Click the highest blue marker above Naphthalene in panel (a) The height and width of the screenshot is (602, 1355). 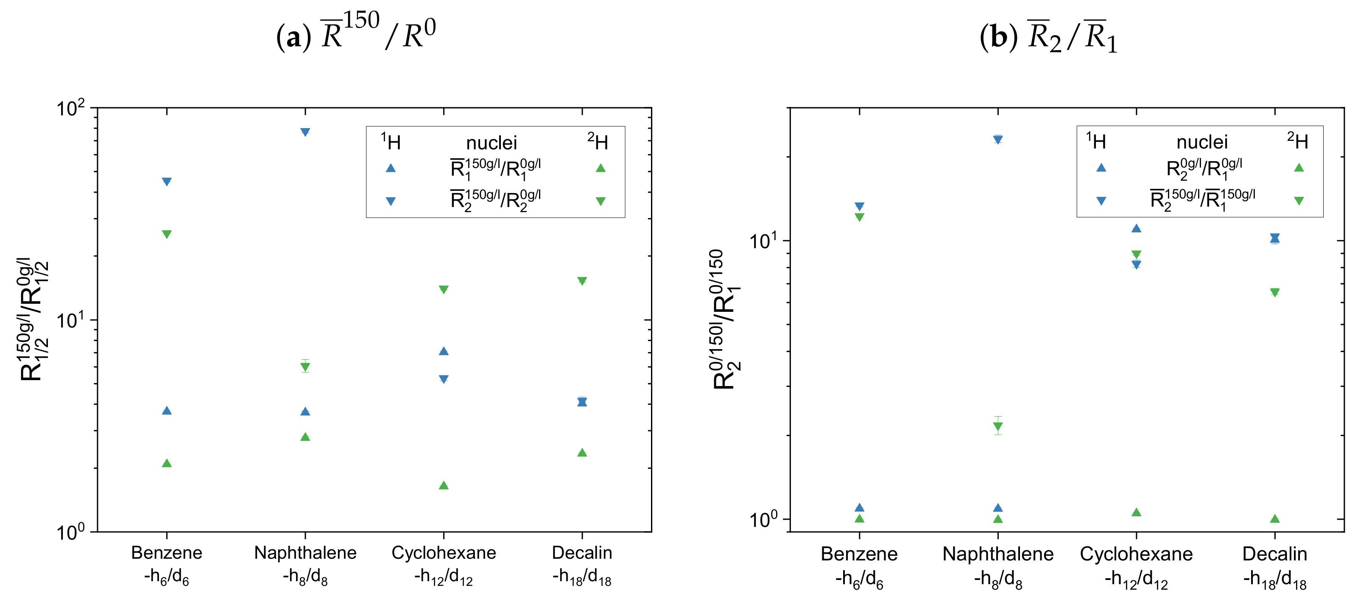[x=305, y=132]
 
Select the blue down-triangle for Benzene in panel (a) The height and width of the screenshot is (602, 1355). [x=167, y=182]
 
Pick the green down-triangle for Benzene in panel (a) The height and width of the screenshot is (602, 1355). [x=167, y=234]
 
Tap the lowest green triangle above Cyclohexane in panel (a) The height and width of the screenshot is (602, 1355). [x=444, y=485]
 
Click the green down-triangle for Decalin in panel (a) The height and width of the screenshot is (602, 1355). [x=582, y=281]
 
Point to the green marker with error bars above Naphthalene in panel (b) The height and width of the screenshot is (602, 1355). [x=998, y=426]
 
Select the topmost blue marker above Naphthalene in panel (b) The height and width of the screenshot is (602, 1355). [x=998, y=140]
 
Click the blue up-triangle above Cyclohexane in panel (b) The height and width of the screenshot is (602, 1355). [x=1136, y=228]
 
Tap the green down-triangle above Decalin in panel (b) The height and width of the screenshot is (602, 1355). [x=1274, y=293]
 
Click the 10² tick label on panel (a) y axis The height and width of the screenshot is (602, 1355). [x=70, y=109]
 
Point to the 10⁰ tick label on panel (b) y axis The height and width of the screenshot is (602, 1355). [x=763, y=520]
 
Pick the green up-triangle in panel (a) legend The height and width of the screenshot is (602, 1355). [x=600, y=168]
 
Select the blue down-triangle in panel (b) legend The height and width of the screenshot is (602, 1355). [x=1101, y=201]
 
